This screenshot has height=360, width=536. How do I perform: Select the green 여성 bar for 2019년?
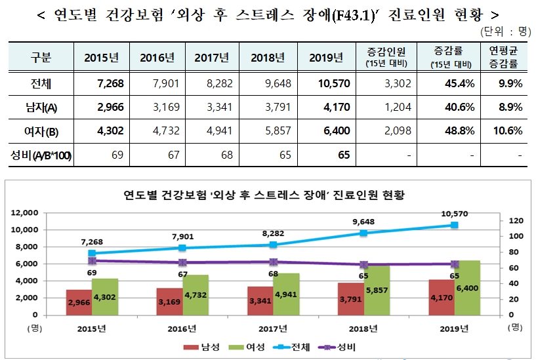pos(467,289)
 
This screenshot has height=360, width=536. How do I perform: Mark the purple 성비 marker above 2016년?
pos(182,262)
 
